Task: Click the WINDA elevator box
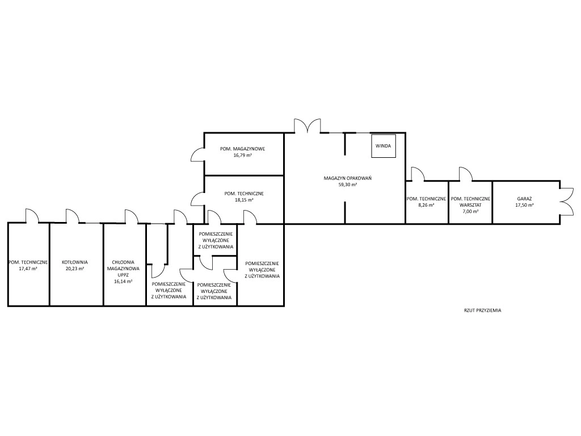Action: (383, 146)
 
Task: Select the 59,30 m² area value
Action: (348, 185)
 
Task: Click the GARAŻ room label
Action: (524, 199)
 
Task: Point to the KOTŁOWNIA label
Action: (75, 262)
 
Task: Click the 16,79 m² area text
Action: (243, 155)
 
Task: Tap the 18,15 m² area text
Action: (243, 200)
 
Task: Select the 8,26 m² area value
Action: (426, 205)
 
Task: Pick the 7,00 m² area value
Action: (470, 211)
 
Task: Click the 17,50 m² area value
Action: (524, 205)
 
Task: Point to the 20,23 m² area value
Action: (75, 269)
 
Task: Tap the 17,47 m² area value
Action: (28, 269)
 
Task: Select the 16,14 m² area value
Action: (123, 281)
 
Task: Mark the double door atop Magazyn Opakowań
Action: (307, 125)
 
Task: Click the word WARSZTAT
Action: (470, 205)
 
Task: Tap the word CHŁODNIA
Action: (123, 262)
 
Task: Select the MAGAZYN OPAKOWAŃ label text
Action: (348, 178)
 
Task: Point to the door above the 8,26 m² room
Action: (417, 174)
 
